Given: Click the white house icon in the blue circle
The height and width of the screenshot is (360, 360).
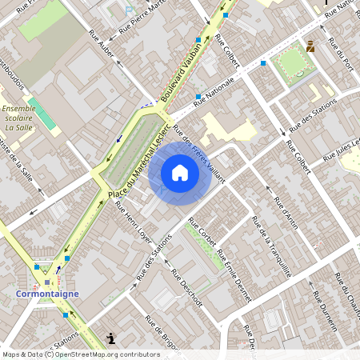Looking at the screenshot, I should pos(180,173).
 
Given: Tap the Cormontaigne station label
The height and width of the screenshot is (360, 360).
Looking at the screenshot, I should pos(47,294).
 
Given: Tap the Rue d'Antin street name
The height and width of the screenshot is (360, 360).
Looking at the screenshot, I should pos(286,208).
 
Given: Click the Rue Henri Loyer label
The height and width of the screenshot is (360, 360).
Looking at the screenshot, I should pos(133,220).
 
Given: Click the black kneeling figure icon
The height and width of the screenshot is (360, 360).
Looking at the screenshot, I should pos(110,338).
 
